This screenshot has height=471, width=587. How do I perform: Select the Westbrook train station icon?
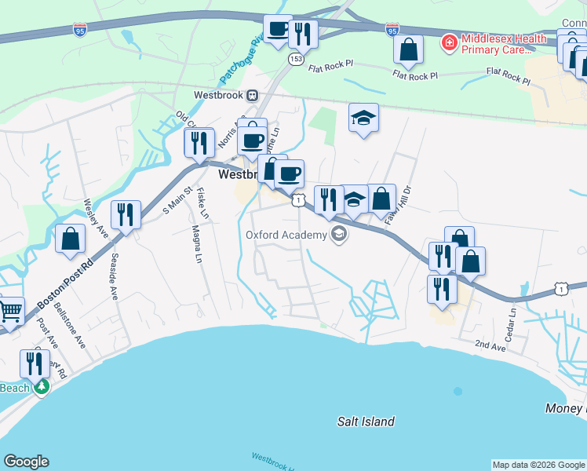pyautogui.click(x=252, y=95)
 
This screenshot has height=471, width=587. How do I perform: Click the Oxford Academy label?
pyautogui.click(x=286, y=235)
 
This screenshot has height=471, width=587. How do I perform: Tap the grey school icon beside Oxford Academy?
pyautogui.click(x=338, y=234)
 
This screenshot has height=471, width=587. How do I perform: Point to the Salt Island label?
pyautogui.click(x=366, y=422)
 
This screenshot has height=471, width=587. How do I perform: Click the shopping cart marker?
pyautogui.click(x=9, y=312)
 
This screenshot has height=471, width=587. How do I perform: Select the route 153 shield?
pyautogui.click(x=296, y=59)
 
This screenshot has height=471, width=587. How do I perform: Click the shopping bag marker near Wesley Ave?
pyautogui.click(x=71, y=240)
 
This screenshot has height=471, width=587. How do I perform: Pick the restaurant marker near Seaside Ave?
pyautogui.click(x=126, y=214)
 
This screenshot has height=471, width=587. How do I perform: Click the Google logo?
pyautogui.click(x=27, y=462)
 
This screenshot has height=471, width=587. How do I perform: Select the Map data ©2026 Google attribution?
pyautogui.click(x=538, y=465)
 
